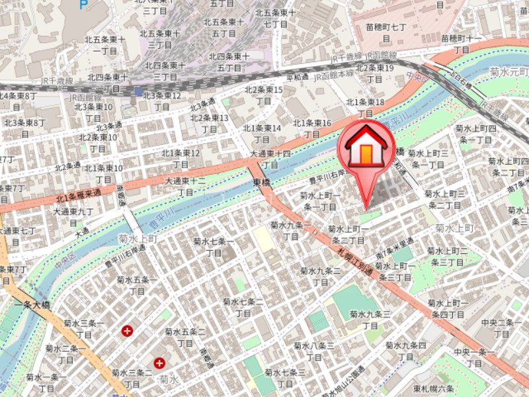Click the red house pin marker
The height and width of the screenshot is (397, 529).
[366, 149]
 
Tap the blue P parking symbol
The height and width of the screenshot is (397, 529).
[83, 4]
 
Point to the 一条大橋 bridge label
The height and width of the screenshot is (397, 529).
[31, 305]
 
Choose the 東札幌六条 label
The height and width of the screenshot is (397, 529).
[433, 388]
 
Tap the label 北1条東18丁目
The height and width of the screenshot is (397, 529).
[366, 108]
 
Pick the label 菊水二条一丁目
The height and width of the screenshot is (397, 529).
[66, 354]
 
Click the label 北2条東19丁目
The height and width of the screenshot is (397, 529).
[375, 73]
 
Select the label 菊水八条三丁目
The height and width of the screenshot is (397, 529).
[314, 351]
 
